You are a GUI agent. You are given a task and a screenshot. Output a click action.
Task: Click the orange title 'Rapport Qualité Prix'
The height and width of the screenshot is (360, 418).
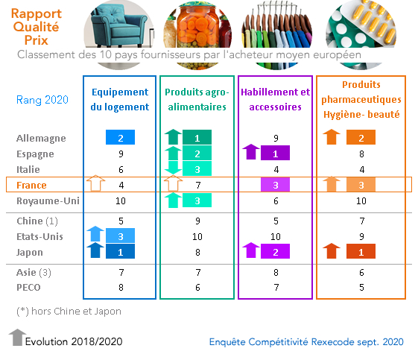point(37,27)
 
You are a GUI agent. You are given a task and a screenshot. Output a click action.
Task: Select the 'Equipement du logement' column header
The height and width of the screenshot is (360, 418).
point(120,99)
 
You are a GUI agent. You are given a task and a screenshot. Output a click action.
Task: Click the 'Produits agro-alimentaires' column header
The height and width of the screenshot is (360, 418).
point(197,99)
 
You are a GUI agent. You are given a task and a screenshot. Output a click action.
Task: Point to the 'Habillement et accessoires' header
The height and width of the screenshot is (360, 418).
point(276,99)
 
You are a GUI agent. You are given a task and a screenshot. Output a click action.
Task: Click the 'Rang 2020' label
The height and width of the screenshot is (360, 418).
point(42,100)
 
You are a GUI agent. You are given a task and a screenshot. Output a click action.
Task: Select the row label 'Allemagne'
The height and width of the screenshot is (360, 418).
point(41,139)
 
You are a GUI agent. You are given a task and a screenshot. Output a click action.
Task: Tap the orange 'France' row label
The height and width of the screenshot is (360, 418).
point(31,185)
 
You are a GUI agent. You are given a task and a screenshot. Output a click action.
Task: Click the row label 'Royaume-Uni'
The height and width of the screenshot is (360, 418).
point(48,200)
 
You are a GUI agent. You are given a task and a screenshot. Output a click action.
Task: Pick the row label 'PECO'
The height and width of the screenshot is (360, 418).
point(28,288)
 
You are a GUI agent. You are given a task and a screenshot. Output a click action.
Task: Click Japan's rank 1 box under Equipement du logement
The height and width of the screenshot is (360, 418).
point(120,251)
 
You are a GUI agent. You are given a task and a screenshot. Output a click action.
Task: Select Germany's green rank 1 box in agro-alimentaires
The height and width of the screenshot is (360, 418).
point(197,137)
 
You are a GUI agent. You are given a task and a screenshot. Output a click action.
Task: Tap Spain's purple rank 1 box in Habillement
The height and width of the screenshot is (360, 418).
point(275,153)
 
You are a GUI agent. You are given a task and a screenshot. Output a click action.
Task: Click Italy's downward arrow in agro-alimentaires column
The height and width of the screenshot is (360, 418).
point(173,168)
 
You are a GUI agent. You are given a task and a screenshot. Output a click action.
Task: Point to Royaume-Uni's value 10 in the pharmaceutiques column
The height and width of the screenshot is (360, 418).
point(361,200)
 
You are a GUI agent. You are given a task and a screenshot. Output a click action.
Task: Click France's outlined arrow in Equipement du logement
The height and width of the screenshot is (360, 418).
point(95,183)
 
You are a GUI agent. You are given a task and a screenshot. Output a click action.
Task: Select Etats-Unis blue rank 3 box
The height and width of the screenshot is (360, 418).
point(120,236)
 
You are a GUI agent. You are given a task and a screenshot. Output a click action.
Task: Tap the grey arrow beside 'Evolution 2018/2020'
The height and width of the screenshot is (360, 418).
point(18,337)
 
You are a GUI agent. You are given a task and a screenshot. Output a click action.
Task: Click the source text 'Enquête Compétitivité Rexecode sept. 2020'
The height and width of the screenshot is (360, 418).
point(306,342)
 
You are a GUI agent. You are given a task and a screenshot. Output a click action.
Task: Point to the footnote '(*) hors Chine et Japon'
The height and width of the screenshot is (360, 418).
point(69,312)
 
